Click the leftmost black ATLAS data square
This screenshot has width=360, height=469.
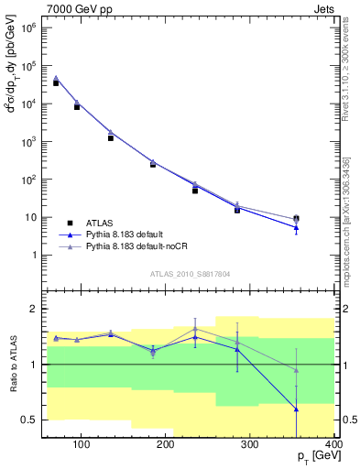(57, 83)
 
